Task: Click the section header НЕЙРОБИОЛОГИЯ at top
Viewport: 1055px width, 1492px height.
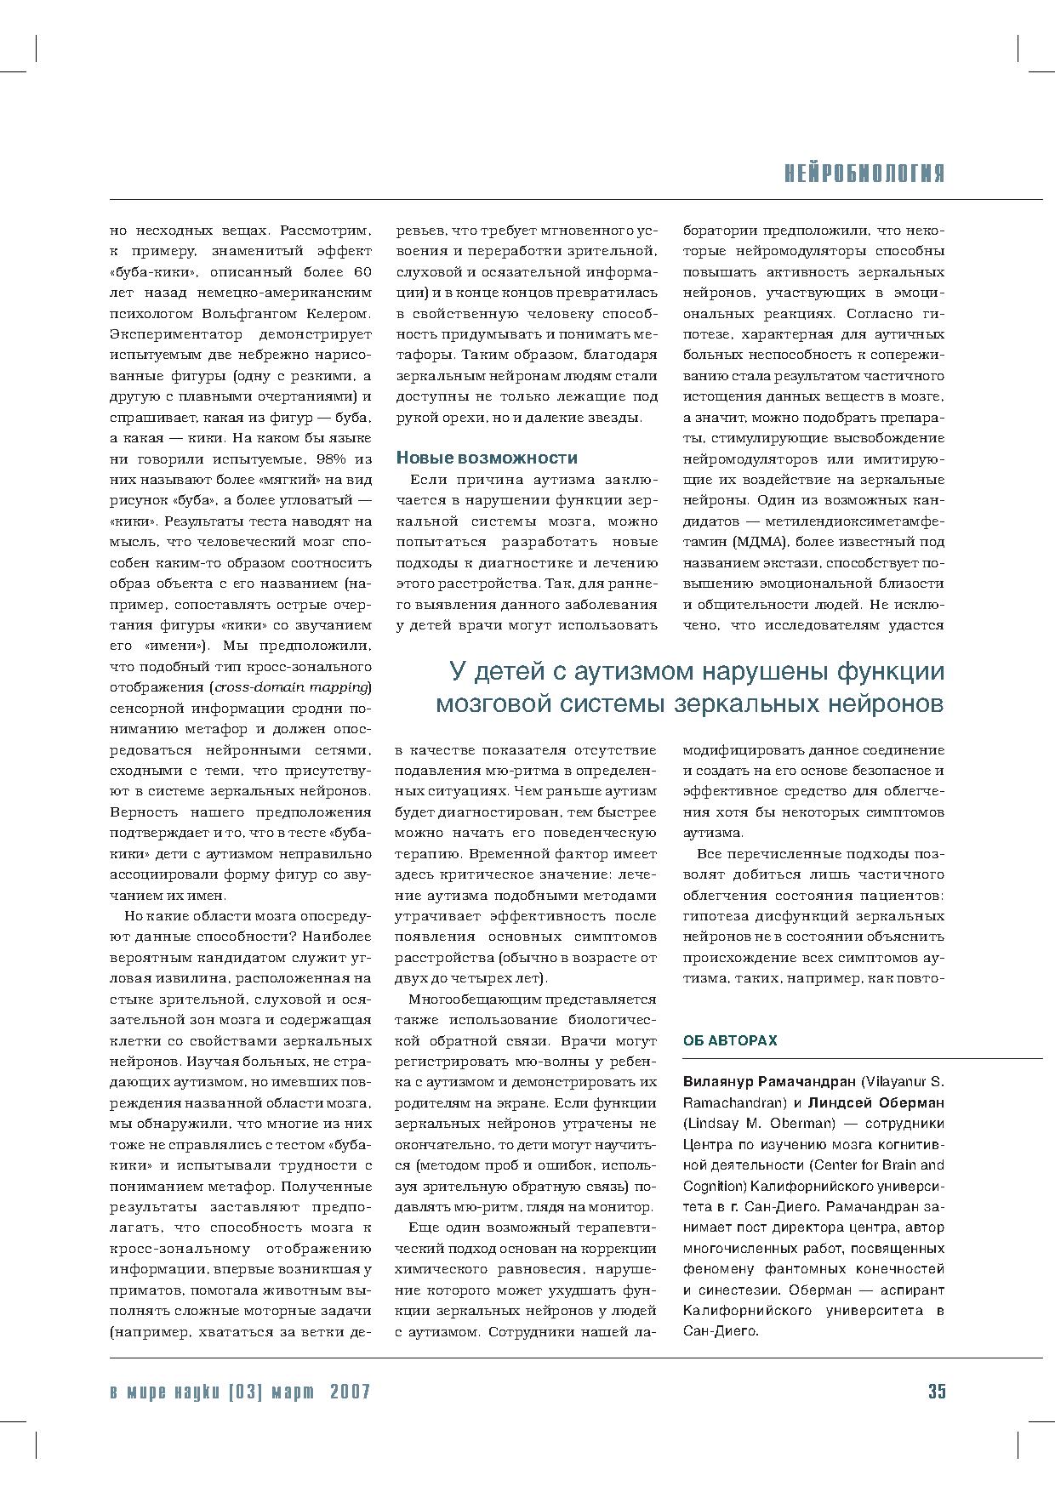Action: [864, 174]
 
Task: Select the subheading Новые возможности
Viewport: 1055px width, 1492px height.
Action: [487, 458]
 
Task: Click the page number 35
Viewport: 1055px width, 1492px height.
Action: [936, 1391]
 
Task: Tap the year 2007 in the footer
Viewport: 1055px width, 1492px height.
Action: [349, 1392]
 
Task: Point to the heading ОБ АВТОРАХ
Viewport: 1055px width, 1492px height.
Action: [730, 1040]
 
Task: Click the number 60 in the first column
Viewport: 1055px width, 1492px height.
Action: [361, 272]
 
